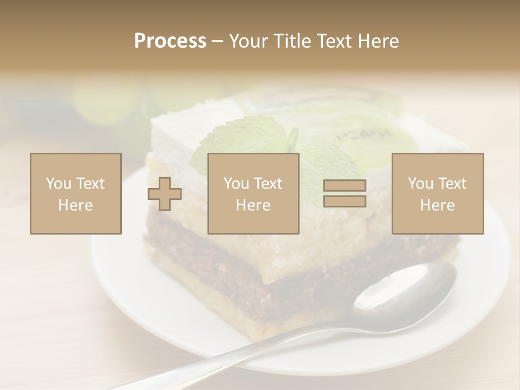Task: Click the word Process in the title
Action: pos(170,41)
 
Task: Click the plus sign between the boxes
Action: pos(165,194)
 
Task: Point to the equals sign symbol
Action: pos(344,193)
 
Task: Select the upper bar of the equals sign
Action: pos(344,186)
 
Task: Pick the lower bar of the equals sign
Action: pos(344,201)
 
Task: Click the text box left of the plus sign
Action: pos(76,193)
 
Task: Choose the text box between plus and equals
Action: pos(253,193)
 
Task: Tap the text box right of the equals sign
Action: pos(438,193)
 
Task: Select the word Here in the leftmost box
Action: pos(76,205)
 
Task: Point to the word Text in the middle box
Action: pos(269,184)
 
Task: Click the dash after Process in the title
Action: pos(217,41)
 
